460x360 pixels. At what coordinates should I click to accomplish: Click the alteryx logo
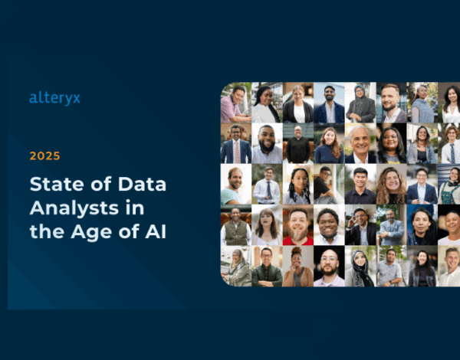tap(54, 97)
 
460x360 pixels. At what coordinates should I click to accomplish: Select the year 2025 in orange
tap(44, 155)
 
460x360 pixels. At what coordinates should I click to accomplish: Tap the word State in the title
tap(55, 185)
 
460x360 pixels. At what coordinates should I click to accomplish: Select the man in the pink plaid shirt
tap(235, 103)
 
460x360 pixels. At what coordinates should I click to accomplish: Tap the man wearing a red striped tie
tap(235, 145)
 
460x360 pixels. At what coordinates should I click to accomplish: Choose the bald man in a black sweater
tap(297, 144)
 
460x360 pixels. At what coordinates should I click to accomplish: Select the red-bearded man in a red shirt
tap(297, 225)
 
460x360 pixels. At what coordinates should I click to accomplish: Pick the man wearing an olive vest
tap(235, 225)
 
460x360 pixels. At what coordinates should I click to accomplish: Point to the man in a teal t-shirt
tap(234, 185)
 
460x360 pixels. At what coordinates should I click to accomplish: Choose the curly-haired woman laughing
tap(390, 185)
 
